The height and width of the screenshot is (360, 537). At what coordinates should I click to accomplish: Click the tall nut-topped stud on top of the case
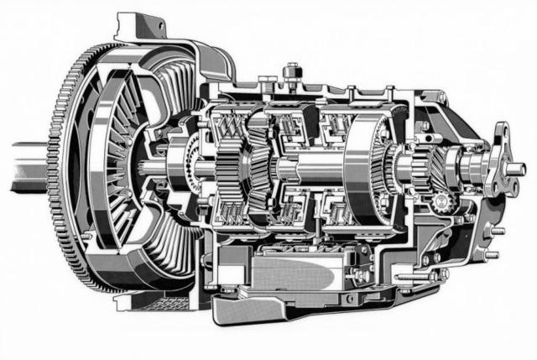(291, 71)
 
